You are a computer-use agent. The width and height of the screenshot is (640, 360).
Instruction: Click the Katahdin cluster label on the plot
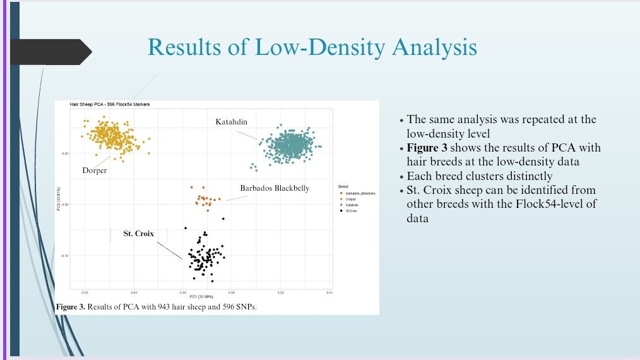tap(231, 121)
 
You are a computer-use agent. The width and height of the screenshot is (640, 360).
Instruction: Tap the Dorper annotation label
tap(94, 171)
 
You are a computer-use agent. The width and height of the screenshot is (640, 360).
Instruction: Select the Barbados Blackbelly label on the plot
tap(275, 188)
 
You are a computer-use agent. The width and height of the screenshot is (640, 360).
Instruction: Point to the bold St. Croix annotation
tap(138, 234)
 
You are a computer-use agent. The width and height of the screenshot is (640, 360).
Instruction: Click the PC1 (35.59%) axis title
tap(203, 296)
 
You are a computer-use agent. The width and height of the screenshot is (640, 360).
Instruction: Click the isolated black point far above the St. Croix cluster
tap(223, 219)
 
